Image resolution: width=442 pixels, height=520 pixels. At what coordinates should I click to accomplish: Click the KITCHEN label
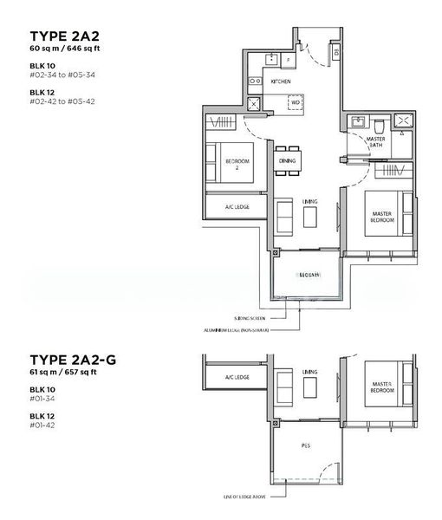click(281, 81)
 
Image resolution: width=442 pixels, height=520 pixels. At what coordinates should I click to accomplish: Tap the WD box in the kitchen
click(296, 102)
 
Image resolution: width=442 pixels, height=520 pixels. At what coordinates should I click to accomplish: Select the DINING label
click(287, 161)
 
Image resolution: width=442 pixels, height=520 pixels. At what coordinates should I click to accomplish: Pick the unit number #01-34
click(42, 399)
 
